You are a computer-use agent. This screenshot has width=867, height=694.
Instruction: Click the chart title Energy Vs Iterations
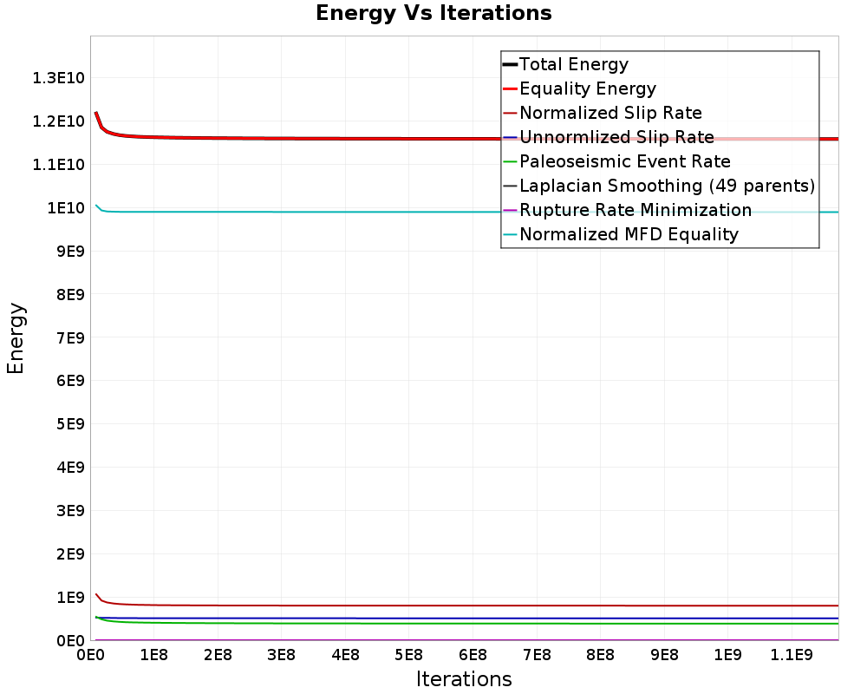coord(433,13)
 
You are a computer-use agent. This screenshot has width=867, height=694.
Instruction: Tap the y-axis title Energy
coord(16,338)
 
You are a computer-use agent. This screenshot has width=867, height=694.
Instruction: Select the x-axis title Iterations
coord(464,678)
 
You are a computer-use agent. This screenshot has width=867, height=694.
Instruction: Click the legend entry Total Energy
coord(565,64)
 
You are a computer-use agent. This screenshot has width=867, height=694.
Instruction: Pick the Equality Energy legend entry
coord(579,88)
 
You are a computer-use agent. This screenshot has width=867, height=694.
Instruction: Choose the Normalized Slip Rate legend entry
coord(603,113)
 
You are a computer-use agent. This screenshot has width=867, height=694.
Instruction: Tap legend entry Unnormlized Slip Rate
coord(609,137)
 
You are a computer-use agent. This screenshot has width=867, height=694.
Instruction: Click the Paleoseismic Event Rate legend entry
coord(617,161)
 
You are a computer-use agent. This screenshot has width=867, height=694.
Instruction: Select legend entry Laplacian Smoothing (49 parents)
coord(659,186)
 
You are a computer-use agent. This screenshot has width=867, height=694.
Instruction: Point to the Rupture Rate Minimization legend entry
coord(627,210)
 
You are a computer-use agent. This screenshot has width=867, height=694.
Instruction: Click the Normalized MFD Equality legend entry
coord(621,234)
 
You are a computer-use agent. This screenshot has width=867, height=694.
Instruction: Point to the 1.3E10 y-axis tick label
coord(59,78)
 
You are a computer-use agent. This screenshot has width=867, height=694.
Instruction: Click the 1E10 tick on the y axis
coord(66,208)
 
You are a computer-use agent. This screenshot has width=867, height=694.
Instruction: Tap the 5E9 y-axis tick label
coord(70,424)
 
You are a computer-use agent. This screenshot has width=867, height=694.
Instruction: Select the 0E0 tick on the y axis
coord(70,641)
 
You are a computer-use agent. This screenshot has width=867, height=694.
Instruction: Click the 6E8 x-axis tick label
coord(473,655)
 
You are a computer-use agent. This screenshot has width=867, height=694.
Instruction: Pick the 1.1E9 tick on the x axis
coord(792,655)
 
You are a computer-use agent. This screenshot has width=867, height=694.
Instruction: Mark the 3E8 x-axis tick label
coord(282,655)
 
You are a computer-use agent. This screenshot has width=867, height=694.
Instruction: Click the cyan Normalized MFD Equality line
coord(467,212)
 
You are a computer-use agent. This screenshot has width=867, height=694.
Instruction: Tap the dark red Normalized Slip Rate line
coord(467,606)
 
